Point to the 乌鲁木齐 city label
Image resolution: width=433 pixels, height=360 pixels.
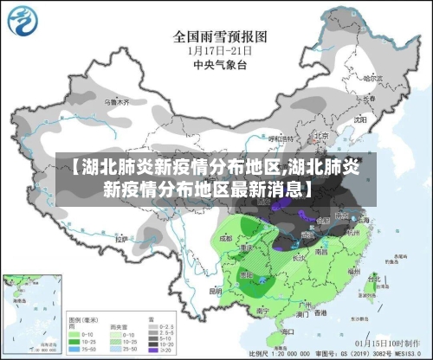tap(116, 102)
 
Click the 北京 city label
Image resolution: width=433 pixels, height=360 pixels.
tap(320, 136)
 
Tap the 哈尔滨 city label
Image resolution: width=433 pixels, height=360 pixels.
tap(372, 79)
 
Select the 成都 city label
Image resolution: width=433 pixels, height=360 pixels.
tap(227, 235)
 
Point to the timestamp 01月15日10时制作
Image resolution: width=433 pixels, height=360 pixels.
tap(381, 343)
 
